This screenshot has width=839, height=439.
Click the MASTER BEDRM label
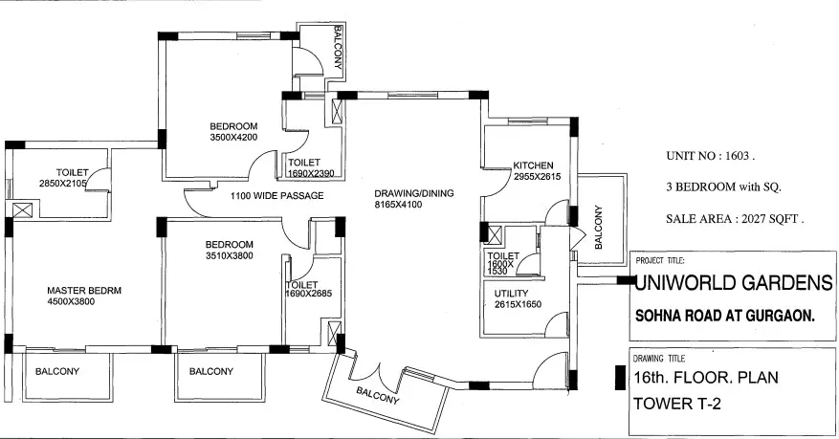point(85,291)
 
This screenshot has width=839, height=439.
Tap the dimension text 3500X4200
point(233,138)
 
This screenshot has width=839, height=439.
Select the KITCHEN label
point(534,165)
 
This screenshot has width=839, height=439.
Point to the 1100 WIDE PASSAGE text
point(276,195)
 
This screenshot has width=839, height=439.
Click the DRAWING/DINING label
point(413,193)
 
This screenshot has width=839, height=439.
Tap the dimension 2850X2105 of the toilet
point(62,183)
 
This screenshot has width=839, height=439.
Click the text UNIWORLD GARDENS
point(734,282)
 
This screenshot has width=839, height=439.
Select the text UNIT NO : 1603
point(711,155)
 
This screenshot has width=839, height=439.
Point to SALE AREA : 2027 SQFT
point(735,219)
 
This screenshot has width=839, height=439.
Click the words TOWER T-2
point(677,403)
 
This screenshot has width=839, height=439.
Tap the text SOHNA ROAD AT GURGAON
point(724,316)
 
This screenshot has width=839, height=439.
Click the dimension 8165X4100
point(413,205)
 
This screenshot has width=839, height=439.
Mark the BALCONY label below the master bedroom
point(57,371)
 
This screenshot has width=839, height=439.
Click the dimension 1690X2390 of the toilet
point(311,174)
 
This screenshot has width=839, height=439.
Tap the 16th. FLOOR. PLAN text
point(705,377)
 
